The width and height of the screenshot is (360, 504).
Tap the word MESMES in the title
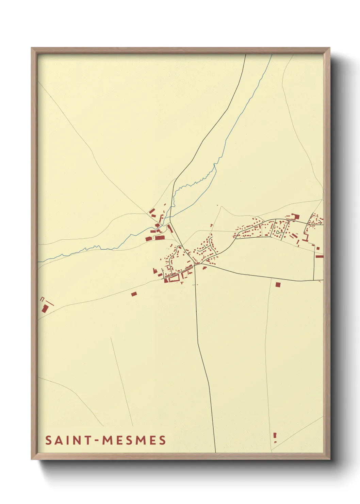(134, 440)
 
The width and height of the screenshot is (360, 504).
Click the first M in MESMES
(108, 440)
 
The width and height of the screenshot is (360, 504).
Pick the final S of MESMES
(163, 440)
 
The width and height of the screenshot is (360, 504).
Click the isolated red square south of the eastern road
(278, 284)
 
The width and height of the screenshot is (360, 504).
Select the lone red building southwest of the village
(134, 294)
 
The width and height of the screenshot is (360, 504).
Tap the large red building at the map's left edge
(45, 309)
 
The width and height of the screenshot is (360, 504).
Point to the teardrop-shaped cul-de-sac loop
(278, 232)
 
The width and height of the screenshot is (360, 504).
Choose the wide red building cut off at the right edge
(319, 256)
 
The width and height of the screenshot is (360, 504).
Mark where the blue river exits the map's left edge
(38, 262)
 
